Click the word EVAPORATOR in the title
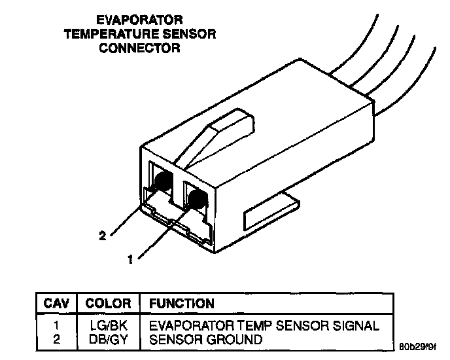click(139, 21)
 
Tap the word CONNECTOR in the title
click(139, 48)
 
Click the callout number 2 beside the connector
click(102, 236)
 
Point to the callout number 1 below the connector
click(131, 259)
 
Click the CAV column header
click(56, 304)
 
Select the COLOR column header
click(109, 304)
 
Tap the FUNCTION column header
click(182, 304)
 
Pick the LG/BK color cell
click(108, 325)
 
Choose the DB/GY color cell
click(108, 339)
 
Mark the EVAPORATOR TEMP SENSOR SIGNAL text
click(264, 325)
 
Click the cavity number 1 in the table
click(56, 325)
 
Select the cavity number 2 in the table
click(56, 339)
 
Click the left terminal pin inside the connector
click(163, 181)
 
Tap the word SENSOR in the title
click(193, 35)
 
